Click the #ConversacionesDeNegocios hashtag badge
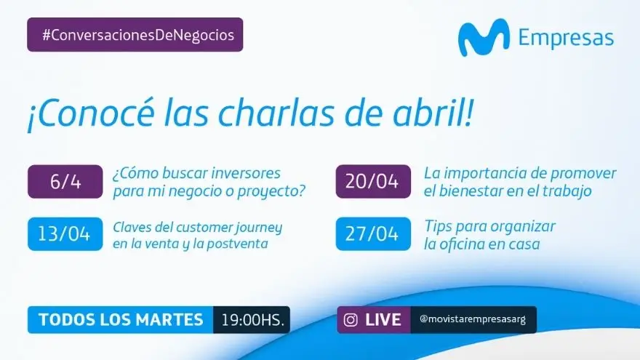(x=135, y=35)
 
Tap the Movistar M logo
(x=484, y=38)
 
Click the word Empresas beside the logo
(x=566, y=38)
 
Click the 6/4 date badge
(x=65, y=182)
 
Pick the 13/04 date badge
(x=65, y=234)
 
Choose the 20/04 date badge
(x=373, y=182)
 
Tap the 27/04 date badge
(x=373, y=234)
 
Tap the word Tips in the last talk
(x=438, y=226)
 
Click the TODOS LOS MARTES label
(x=121, y=319)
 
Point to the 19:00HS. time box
(x=252, y=319)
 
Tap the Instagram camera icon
(x=351, y=319)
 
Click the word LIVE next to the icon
(x=383, y=319)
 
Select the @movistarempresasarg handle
(x=473, y=319)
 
